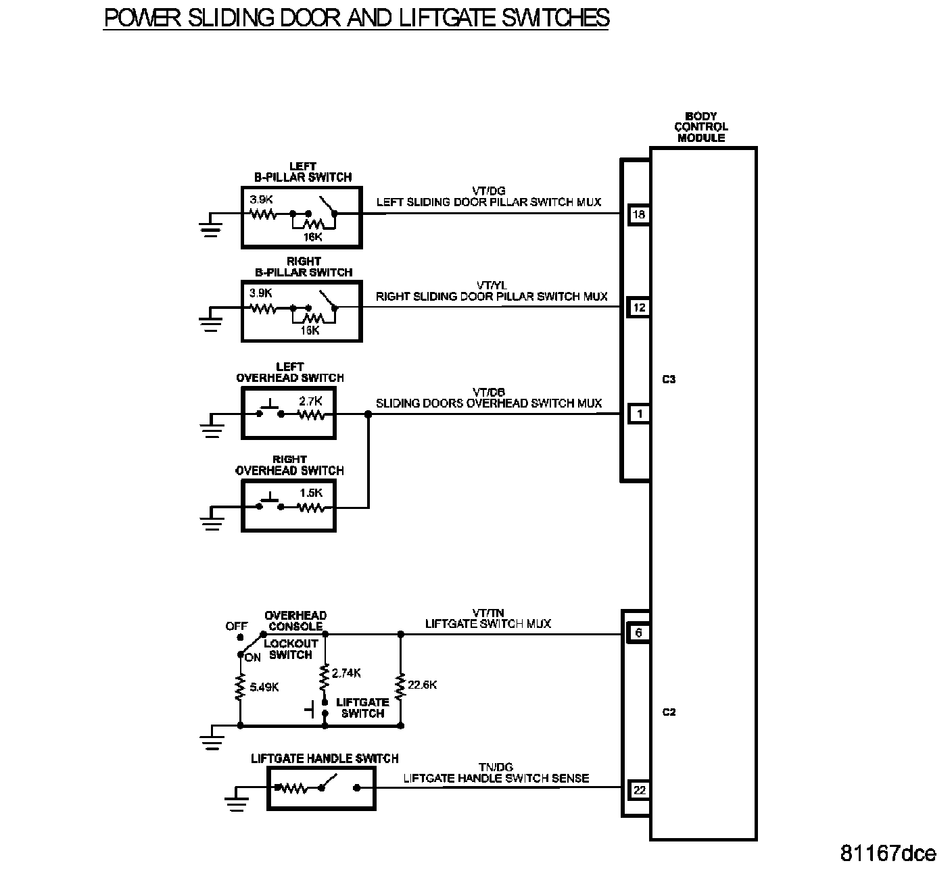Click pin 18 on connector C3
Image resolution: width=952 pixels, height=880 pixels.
[638, 215]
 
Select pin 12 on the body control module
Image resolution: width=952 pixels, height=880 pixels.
[638, 308]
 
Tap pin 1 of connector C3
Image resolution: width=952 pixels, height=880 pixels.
[638, 413]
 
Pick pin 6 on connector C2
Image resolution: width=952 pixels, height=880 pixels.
[638, 633]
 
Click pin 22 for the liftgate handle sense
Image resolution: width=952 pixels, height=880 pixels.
[638, 789]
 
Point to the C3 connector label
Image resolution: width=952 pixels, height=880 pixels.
[668, 380]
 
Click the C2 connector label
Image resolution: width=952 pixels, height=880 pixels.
[668, 712]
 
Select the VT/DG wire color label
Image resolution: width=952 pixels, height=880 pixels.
[489, 191]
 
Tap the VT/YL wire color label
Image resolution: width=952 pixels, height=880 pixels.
[491, 286]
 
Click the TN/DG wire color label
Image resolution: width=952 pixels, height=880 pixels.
[496, 767]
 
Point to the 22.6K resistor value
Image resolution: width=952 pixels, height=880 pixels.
[423, 685]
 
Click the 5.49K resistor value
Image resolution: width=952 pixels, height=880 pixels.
[264, 687]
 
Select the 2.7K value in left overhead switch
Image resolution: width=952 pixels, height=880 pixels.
[311, 401]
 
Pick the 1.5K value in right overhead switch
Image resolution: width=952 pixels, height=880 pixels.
[311, 493]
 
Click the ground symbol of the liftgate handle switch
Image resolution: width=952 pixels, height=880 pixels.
[235, 798]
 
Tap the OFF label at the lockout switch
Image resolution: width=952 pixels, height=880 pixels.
[236, 627]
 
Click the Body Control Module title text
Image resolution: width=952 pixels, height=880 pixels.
[700, 127]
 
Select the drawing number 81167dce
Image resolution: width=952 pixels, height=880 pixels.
[888, 854]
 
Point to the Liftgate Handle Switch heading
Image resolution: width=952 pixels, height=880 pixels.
[325, 758]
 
